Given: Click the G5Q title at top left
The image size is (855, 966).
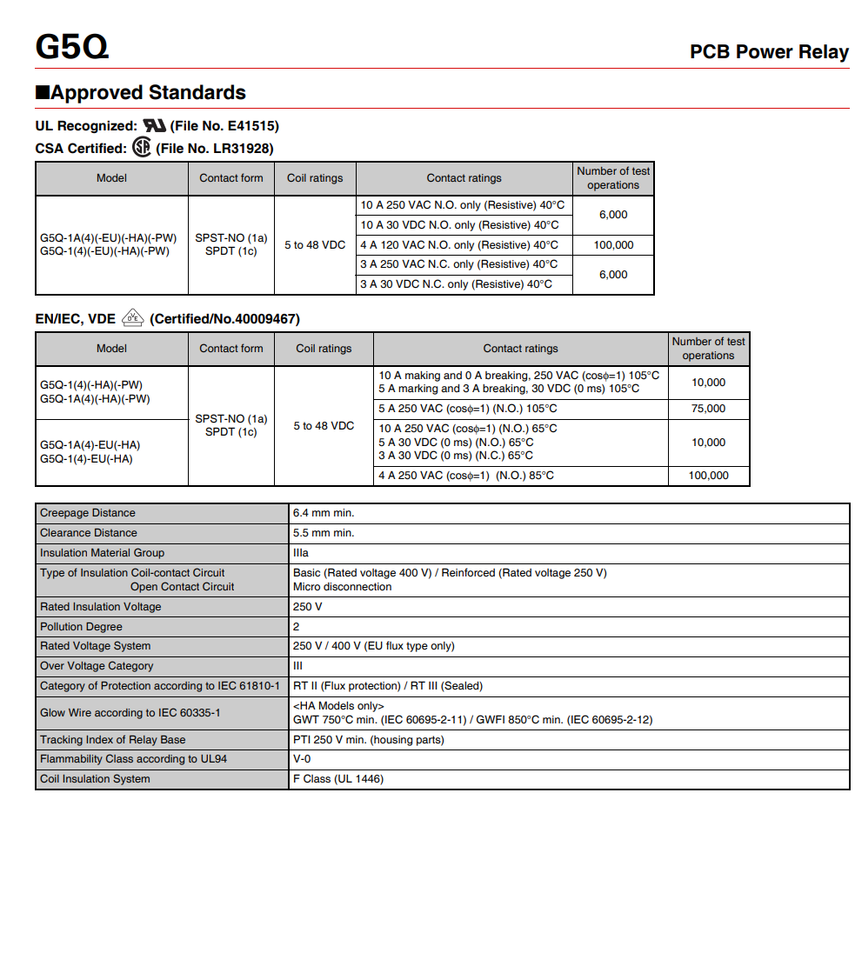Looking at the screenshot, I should click(x=71, y=47).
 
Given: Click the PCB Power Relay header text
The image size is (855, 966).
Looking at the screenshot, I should click(x=769, y=52).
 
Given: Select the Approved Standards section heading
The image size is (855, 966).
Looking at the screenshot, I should click(x=141, y=93).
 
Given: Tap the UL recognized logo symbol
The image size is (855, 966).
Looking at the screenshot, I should click(x=154, y=125).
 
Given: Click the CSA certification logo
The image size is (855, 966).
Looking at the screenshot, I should click(x=141, y=147).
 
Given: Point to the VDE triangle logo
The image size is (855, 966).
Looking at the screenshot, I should click(x=132, y=317).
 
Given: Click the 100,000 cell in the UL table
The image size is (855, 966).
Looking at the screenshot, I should click(x=613, y=245).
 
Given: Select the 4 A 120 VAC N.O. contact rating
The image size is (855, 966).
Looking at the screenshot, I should click(x=458, y=245).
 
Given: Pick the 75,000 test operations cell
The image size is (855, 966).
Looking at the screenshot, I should click(x=708, y=409).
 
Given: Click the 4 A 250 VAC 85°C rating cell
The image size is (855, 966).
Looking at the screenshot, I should click(x=465, y=476).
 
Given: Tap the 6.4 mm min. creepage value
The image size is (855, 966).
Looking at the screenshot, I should click(x=324, y=513).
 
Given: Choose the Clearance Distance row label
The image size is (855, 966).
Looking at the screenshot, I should click(x=89, y=533).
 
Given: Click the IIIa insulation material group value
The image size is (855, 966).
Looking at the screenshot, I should click(x=301, y=553).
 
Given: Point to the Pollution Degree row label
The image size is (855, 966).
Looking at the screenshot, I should click(x=81, y=627).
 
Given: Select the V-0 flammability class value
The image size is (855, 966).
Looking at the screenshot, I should click(x=302, y=759).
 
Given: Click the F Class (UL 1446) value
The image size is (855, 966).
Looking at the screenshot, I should click(x=337, y=779).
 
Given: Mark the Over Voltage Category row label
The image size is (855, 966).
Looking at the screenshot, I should click(x=97, y=666).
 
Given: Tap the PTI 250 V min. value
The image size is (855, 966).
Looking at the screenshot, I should click(x=368, y=740).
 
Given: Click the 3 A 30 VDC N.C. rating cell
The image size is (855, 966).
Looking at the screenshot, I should click(x=456, y=284).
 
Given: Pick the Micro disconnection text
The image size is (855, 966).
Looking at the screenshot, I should click(x=342, y=587).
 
